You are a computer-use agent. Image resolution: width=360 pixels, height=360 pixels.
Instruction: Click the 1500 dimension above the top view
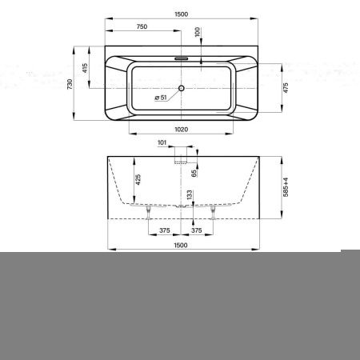click(x=182, y=14)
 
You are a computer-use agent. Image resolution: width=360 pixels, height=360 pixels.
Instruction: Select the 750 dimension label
click(x=142, y=26)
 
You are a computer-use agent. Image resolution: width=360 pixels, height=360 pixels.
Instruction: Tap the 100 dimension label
click(x=198, y=32)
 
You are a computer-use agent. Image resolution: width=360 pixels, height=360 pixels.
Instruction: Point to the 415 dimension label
click(x=85, y=68)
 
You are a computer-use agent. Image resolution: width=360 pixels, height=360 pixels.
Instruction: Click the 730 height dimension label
click(x=70, y=84)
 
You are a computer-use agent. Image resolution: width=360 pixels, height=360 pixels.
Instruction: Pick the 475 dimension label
click(x=286, y=88)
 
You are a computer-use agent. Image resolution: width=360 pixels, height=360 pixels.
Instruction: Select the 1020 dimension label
click(x=182, y=130)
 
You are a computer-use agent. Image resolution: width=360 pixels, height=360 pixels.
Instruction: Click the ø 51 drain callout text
click(x=161, y=98)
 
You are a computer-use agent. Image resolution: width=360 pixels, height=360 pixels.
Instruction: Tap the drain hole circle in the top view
click(x=182, y=88)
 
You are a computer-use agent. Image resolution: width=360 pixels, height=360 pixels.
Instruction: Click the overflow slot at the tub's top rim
click(x=182, y=58)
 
